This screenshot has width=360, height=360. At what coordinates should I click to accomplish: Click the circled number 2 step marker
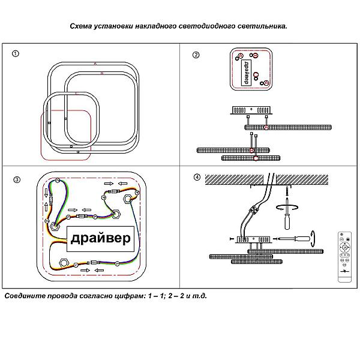click(x=196, y=55)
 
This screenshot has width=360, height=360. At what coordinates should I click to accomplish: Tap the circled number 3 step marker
click(x=16, y=179)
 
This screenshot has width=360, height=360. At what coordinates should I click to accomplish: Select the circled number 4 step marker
click(x=196, y=178)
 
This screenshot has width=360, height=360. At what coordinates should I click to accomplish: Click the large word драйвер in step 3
click(x=100, y=239)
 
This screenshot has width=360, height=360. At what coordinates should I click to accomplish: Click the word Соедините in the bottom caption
click(x=25, y=296)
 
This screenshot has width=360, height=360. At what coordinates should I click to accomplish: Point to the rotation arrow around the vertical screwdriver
click(x=286, y=207)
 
